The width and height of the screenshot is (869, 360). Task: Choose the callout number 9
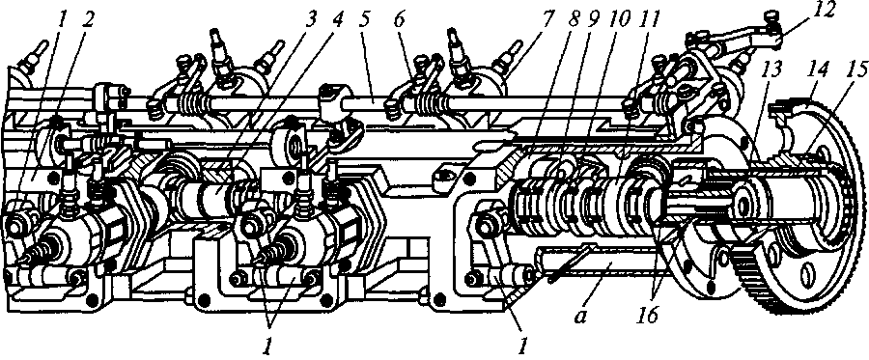[598, 20]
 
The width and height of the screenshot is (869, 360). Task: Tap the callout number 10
[624, 20]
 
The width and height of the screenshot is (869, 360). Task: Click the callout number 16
[647, 316]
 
